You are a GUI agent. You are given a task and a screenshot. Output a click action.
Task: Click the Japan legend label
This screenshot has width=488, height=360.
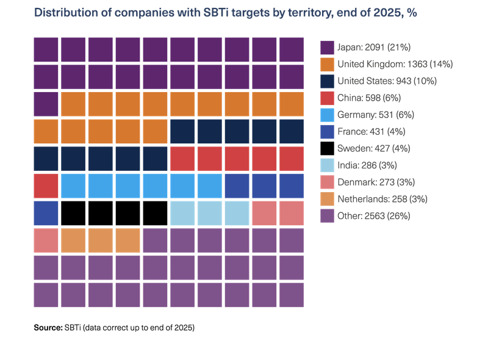[374, 48]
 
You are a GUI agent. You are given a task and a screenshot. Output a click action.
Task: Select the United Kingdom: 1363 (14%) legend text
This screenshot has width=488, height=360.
[395, 64]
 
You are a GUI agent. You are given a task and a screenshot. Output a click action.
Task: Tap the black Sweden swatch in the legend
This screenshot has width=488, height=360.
[327, 148]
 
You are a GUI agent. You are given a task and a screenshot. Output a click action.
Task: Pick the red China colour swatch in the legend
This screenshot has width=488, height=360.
[327, 98]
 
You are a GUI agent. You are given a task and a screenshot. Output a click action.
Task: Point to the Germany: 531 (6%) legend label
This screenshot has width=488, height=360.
[376, 115]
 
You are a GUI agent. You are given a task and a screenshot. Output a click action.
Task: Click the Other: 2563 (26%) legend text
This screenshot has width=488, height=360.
[374, 216]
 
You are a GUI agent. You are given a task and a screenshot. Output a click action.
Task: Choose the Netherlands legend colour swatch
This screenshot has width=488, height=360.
[327, 199]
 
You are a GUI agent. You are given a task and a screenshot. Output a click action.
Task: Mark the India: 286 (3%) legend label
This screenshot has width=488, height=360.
[367, 165]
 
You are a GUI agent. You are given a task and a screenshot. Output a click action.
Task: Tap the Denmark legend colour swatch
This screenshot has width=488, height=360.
[327, 182]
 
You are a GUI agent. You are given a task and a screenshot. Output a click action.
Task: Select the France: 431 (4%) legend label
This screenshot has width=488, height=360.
[371, 132]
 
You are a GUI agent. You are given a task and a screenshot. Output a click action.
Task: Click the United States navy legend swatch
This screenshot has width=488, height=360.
[327, 81]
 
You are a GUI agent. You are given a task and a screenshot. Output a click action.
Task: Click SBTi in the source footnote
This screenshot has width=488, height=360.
[73, 328]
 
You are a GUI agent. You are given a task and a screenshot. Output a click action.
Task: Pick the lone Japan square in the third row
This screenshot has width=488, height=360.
[46, 104]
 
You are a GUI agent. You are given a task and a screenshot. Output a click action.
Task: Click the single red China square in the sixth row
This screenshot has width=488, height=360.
[46, 186]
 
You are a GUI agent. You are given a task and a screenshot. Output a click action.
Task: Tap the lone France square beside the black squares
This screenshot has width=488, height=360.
[46, 214]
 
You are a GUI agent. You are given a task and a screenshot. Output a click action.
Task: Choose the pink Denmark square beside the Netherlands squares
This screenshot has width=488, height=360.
[46, 240]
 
